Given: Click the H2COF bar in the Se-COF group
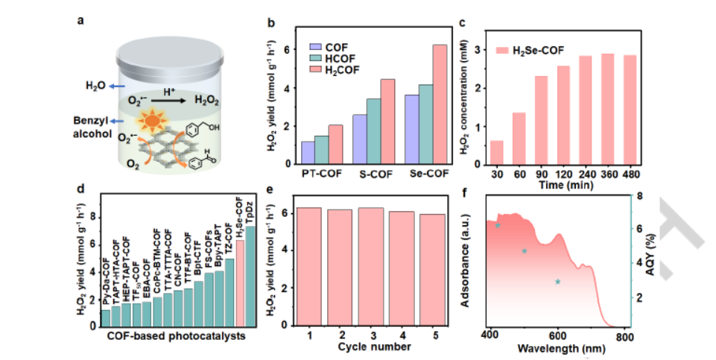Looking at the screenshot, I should pos(440,104).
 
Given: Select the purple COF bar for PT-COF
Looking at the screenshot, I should pos(308,152).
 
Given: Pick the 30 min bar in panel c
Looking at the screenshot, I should pos(496,152).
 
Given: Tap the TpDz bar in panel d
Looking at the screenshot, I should pos(250,277).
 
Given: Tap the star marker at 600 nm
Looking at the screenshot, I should pos(557,281).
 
